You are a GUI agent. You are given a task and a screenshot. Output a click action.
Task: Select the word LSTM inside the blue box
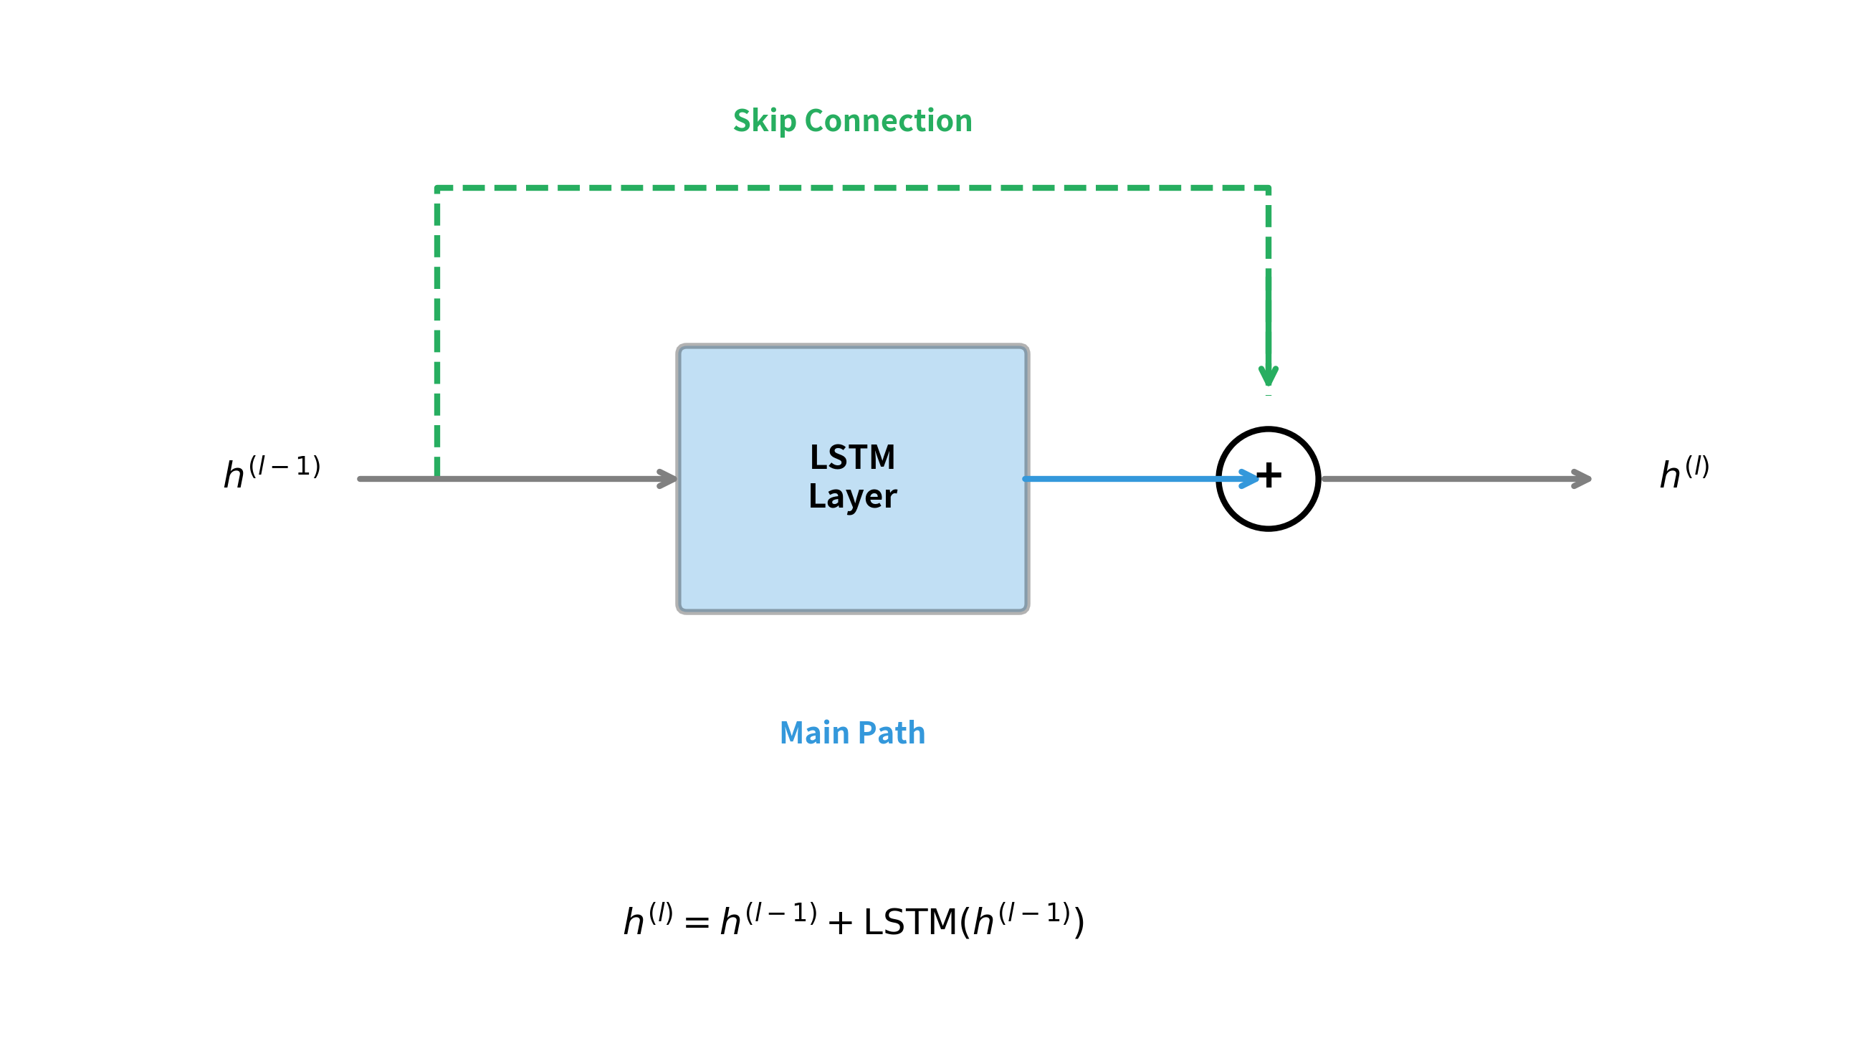click(852, 457)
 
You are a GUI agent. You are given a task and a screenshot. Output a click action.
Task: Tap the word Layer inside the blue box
click(852, 497)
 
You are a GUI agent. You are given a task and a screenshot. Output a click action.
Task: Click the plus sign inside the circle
click(1269, 475)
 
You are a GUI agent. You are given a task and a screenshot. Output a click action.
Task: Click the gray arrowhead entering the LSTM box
click(668, 478)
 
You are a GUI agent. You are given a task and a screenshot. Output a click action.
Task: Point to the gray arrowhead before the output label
click(1581, 478)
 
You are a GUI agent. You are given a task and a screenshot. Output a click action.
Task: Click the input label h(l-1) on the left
click(272, 472)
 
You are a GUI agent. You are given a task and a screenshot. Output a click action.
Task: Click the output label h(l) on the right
click(1684, 472)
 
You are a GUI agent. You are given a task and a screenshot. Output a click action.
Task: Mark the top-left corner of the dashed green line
click(436, 189)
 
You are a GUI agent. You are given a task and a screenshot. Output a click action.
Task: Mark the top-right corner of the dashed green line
click(1268, 189)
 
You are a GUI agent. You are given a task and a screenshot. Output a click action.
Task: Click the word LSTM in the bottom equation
click(909, 922)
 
